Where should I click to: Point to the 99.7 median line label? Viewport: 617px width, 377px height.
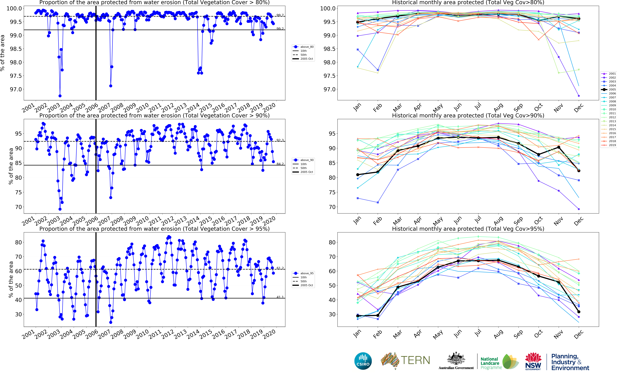click(280, 15)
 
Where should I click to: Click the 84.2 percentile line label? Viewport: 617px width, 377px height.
click(280, 164)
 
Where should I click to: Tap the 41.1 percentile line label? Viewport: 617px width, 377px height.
click(280, 297)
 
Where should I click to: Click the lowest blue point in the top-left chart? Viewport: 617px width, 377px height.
click(60, 96)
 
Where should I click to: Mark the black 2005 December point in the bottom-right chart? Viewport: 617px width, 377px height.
click(579, 312)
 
